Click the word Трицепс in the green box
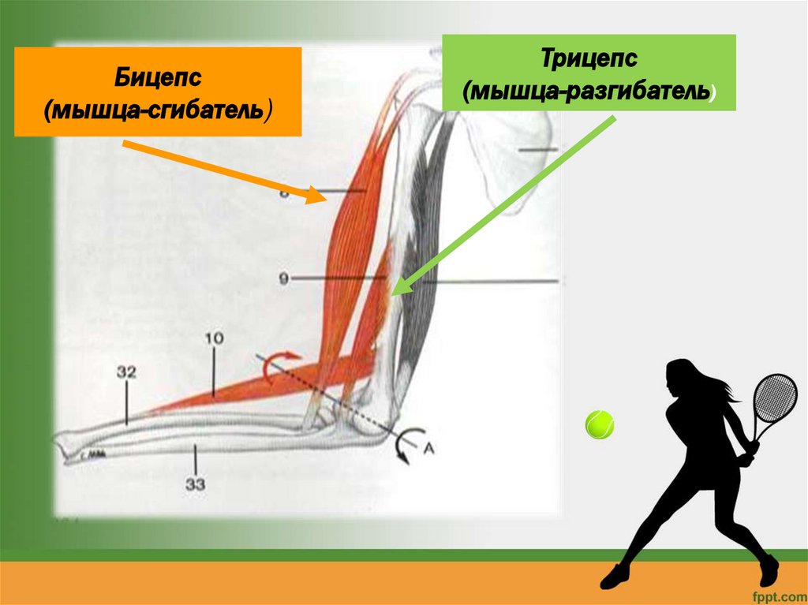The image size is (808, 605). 589,60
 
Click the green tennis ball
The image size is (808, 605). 600,424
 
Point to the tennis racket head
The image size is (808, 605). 775,398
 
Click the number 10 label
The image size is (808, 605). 215,338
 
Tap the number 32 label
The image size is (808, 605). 127,371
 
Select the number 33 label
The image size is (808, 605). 196,484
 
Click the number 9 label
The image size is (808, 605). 283,277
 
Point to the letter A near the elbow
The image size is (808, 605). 429,448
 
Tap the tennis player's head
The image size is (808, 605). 681,378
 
